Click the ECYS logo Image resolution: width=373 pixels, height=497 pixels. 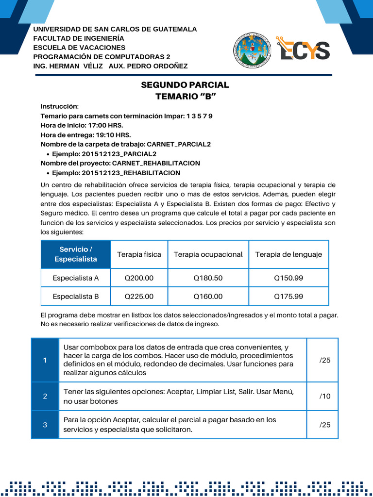coord(303,50)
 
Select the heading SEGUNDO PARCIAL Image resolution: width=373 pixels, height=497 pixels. coord(185,85)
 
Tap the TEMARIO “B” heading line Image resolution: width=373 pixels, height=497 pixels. coord(185,96)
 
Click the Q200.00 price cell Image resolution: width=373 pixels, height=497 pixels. coord(139,278)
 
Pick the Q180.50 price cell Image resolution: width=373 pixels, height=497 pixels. coord(208,278)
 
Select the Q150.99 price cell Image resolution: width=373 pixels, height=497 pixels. coord(288,278)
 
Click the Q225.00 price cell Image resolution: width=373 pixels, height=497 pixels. coord(139,296)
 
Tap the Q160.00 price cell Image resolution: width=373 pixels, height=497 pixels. coord(208,296)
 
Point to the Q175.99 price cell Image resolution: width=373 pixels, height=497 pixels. coord(288,296)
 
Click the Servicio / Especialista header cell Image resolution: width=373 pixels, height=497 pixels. coord(76,254)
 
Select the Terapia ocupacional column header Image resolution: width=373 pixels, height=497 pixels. coord(208,254)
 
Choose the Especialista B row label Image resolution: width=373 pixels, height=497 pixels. coord(76,296)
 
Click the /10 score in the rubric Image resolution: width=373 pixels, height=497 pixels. coord(324,396)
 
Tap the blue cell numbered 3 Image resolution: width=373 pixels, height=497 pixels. coord(45,425)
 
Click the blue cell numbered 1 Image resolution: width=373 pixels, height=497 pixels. coord(45,360)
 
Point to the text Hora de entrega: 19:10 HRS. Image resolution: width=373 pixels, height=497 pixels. coord(85,135)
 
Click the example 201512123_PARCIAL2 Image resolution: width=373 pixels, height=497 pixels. coord(104,154)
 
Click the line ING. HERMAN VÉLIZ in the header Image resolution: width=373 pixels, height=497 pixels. coord(68,66)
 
